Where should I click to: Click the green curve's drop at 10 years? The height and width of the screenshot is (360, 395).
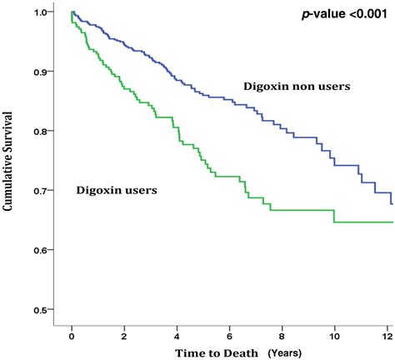334,216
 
